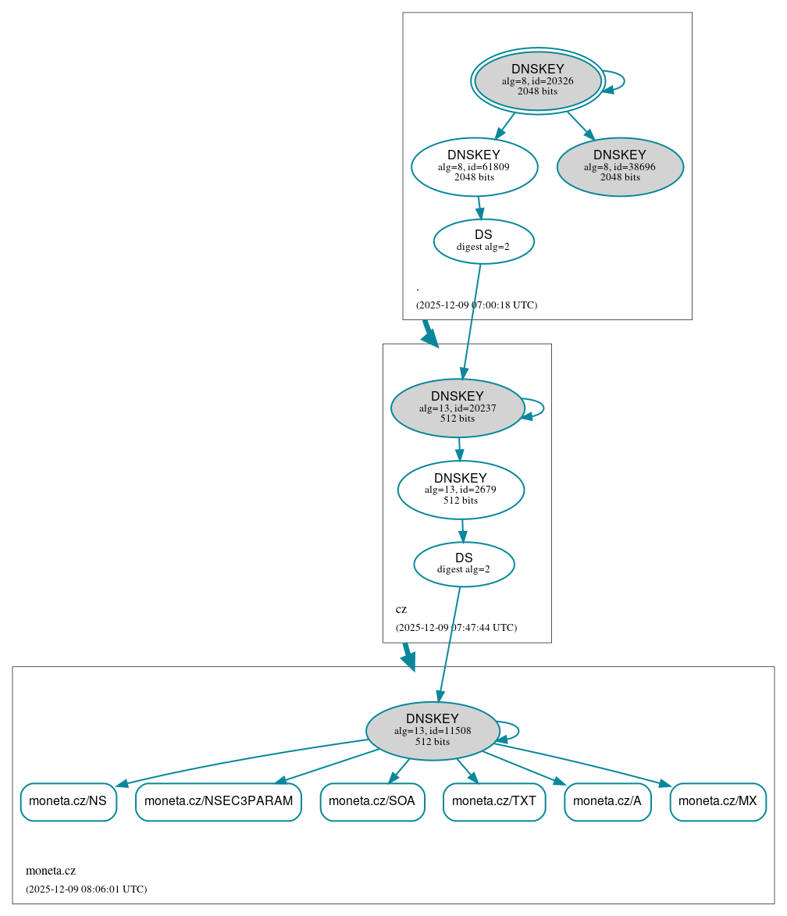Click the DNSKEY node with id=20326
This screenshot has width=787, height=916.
coord(538,80)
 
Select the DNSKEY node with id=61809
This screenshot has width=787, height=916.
coord(474,166)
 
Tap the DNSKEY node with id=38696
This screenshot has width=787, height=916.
coord(620,166)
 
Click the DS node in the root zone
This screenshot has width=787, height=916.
coord(483,241)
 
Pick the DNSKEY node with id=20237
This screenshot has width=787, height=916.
coord(457,408)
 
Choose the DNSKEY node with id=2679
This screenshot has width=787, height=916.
coord(460,490)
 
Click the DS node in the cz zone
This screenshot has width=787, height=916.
coord(464,564)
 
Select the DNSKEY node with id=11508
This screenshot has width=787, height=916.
coord(432,731)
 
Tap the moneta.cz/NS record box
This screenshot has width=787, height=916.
coord(68,801)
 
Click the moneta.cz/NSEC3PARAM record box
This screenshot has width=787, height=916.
coord(219,801)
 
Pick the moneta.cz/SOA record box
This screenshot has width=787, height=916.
coord(372,801)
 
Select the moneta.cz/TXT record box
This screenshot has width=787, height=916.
coord(494,801)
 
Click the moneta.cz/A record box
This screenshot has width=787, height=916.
coord(607,801)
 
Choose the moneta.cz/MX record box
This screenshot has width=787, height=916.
coord(718,801)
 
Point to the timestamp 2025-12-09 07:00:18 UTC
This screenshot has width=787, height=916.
coord(476,305)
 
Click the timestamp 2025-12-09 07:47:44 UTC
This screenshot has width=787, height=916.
coord(456,628)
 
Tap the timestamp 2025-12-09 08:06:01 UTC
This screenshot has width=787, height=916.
coord(86,889)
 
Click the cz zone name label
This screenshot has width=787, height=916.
coord(401,610)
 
